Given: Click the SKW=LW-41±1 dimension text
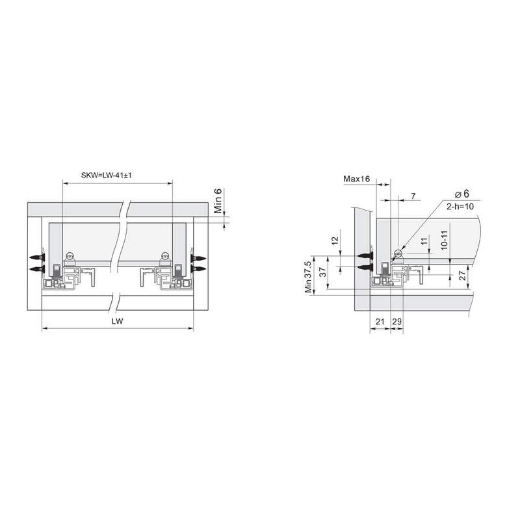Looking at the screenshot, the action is click(x=106, y=175).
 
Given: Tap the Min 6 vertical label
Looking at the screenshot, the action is click(x=218, y=201).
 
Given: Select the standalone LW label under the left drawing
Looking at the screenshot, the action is click(x=118, y=321).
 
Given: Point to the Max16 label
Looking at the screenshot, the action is click(x=356, y=179).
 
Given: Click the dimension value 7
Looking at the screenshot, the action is click(x=413, y=196).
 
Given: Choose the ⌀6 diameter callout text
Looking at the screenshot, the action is click(x=462, y=194).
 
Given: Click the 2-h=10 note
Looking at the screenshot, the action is click(x=460, y=207).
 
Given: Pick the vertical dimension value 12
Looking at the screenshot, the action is click(x=335, y=239).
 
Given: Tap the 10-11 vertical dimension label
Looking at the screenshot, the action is click(x=445, y=240).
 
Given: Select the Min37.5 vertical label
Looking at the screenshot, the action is click(x=308, y=278).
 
